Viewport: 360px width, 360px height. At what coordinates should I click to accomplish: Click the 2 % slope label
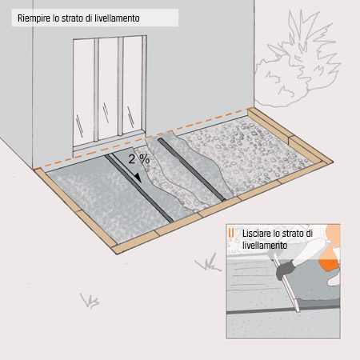pos(138,159)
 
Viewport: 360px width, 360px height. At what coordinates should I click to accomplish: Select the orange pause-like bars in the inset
pos(231,234)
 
